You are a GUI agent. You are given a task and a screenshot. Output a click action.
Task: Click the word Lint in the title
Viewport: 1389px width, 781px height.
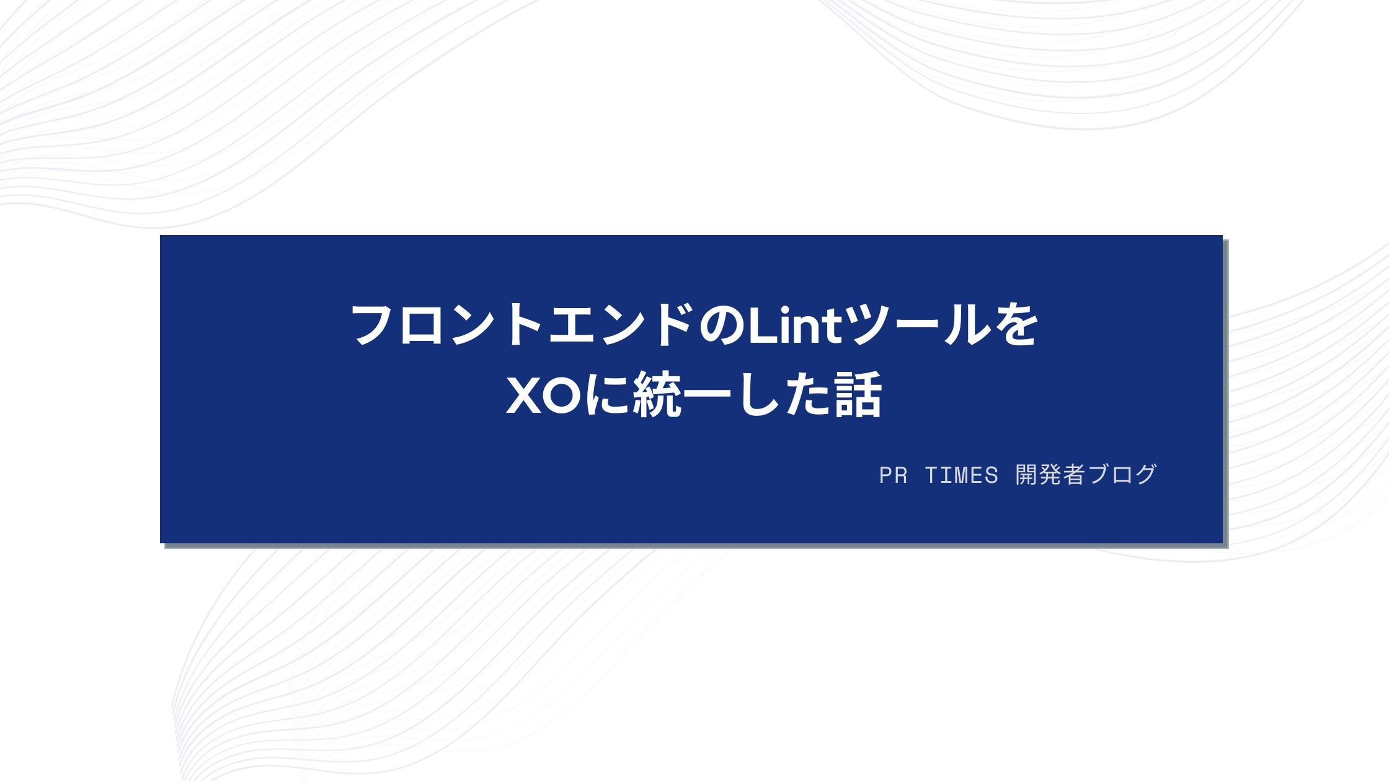796,325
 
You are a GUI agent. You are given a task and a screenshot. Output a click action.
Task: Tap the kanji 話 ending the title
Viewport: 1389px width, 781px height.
858,395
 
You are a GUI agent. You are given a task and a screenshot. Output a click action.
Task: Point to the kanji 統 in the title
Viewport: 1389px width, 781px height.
657,395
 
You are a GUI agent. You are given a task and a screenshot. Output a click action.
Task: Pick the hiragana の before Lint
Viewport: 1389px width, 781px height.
722,325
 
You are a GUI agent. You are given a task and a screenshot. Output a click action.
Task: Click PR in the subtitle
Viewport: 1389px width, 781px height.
893,475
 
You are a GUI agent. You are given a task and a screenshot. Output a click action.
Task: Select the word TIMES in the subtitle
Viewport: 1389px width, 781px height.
961,475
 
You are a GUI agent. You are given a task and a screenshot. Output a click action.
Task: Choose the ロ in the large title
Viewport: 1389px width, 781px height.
422,325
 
